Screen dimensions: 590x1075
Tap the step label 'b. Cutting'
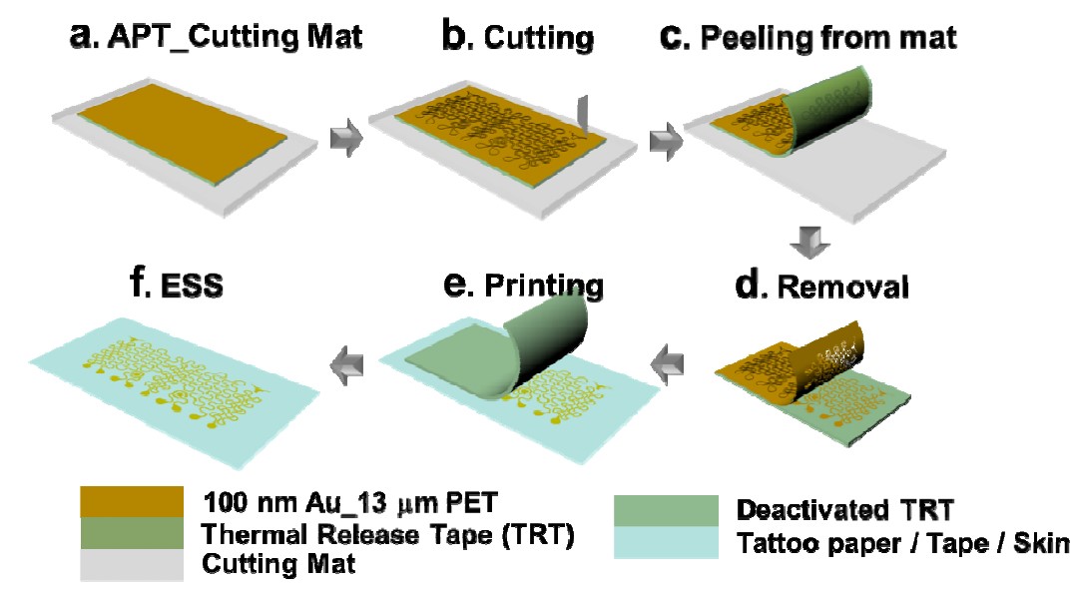click(x=518, y=38)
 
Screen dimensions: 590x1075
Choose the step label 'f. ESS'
click(x=184, y=287)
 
